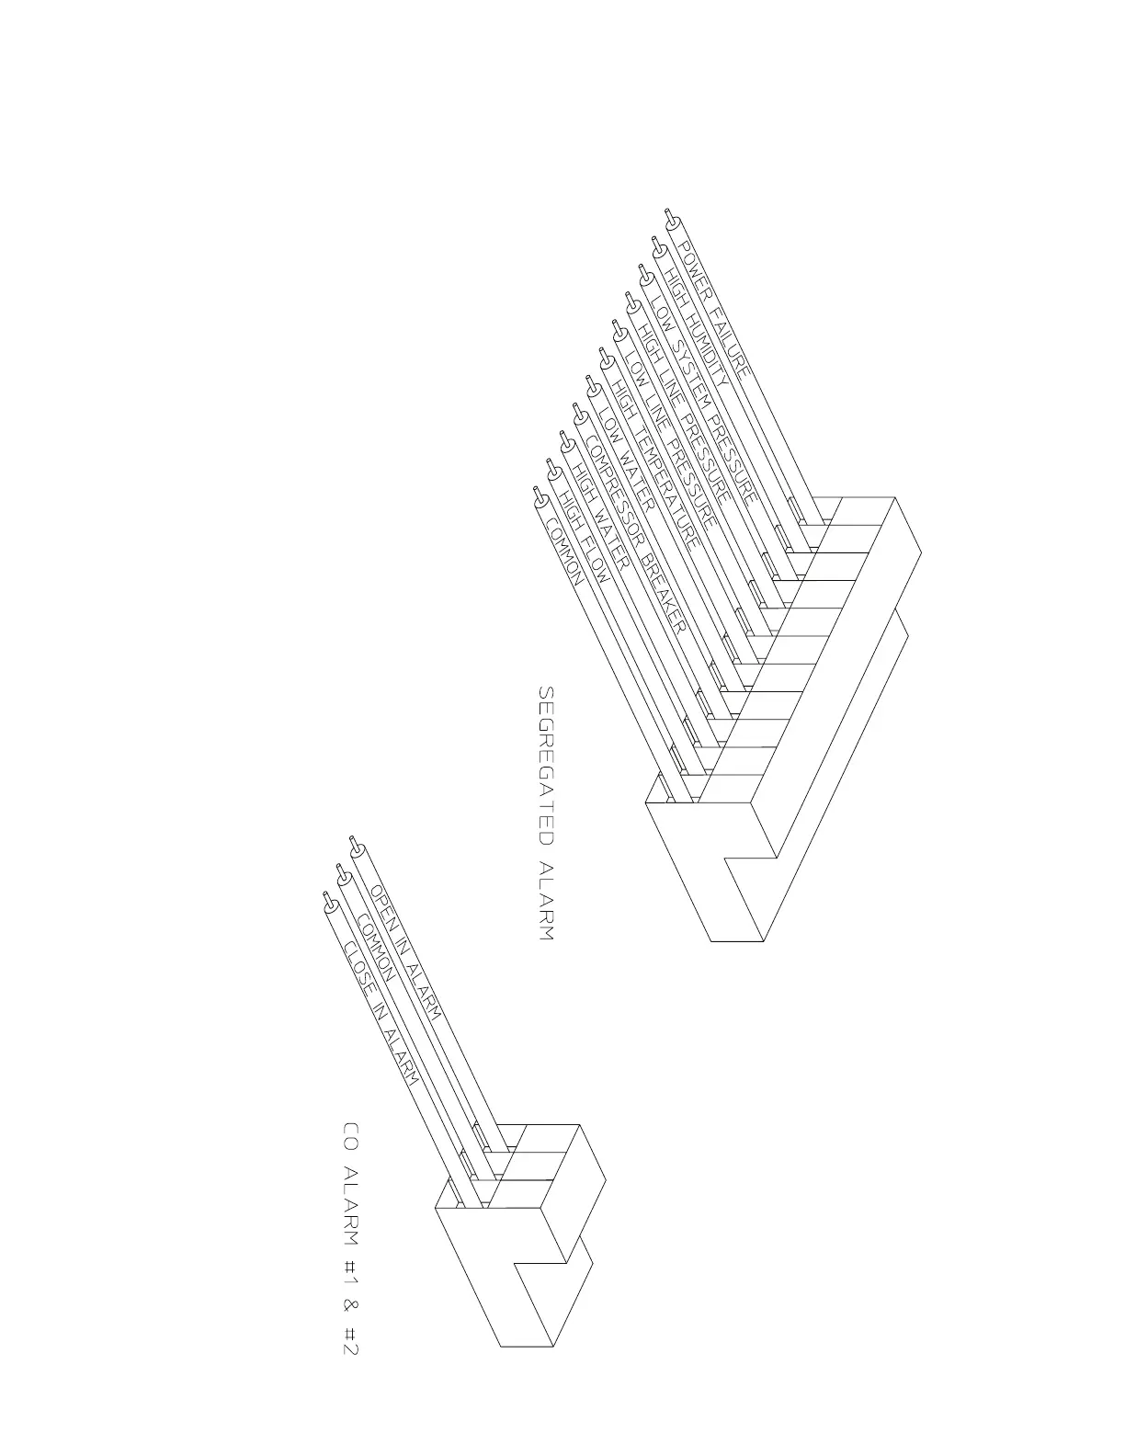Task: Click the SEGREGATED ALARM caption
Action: tap(546, 813)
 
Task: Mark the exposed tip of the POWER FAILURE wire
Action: tap(671, 217)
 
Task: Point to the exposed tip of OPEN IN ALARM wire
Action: tap(354, 844)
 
